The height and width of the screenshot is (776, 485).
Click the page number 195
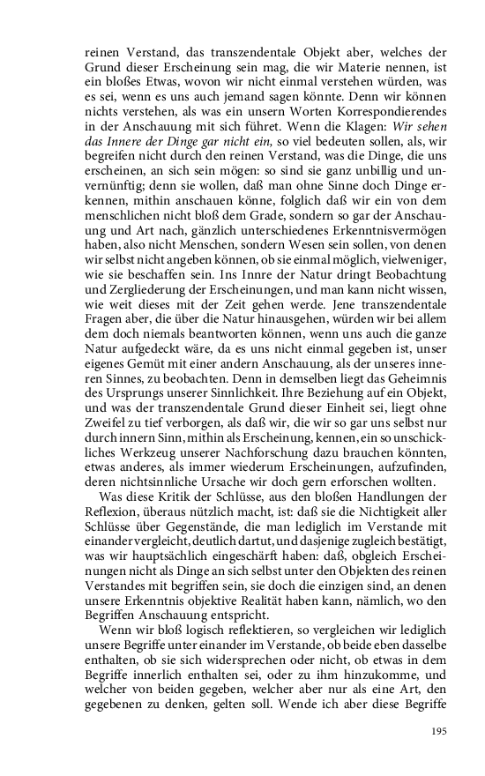tap(439, 731)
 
